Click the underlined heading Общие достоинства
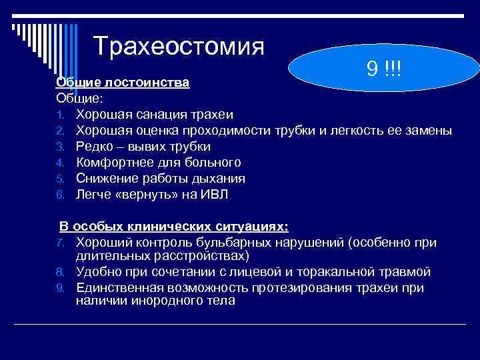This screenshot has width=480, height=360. point(123,83)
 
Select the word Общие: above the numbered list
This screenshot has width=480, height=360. point(79,97)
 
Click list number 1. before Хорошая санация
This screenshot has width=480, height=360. point(59,114)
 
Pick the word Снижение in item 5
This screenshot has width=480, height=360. point(107,178)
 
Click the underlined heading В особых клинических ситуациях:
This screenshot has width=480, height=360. point(174,227)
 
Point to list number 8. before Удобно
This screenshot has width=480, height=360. point(59,272)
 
